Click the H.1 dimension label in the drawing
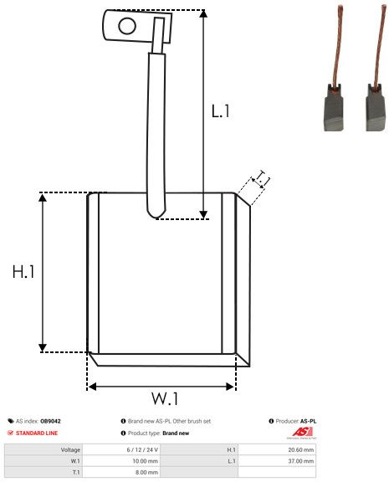click(x=23, y=272)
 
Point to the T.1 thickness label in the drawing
click(x=262, y=178)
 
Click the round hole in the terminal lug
click(x=126, y=26)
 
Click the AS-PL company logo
click(x=299, y=433)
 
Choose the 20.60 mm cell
click(x=299, y=449)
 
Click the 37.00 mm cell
click(x=299, y=460)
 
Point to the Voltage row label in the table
click(x=70, y=449)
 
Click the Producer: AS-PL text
click(x=296, y=421)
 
